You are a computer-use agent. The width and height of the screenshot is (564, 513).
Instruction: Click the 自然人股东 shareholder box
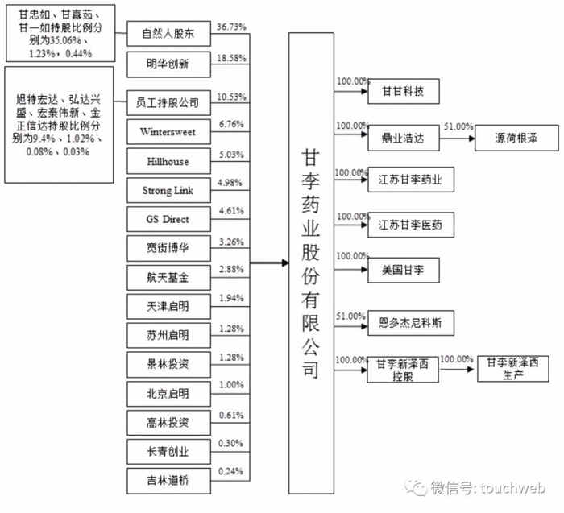coord(168,35)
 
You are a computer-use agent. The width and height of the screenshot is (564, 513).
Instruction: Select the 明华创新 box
coord(168,64)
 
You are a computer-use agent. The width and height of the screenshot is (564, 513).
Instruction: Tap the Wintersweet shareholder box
coord(168,130)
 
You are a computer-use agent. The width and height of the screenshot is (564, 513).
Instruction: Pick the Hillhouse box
coord(168,161)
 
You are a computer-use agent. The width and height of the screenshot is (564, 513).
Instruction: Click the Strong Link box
coord(168,191)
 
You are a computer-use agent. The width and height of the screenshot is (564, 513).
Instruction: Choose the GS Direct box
coord(168,219)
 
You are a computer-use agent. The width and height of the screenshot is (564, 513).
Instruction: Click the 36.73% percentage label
coord(232,27)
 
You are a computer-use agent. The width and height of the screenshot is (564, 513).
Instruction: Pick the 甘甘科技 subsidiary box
coord(403,90)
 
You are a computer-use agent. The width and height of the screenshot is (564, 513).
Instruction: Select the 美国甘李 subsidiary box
coord(403,270)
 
